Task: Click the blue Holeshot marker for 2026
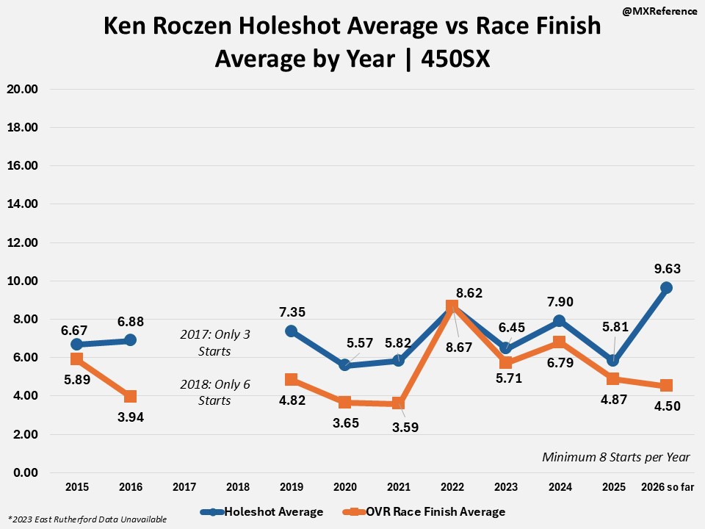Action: (x=666, y=287)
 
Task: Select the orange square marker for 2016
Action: (x=130, y=397)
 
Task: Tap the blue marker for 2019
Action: (x=291, y=331)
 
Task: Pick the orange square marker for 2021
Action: (x=398, y=403)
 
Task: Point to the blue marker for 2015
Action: (x=76, y=345)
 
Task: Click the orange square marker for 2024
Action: (x=559, y=342)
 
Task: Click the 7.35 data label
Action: (x=292, y=312)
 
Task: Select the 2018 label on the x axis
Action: (x=237, y=486)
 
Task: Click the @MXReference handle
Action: (x=658, y=12)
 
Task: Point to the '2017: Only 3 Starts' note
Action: (x=215, y=342)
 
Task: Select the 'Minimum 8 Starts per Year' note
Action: (x=615, y=457)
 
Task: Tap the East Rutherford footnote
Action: (x=87, y=519)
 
